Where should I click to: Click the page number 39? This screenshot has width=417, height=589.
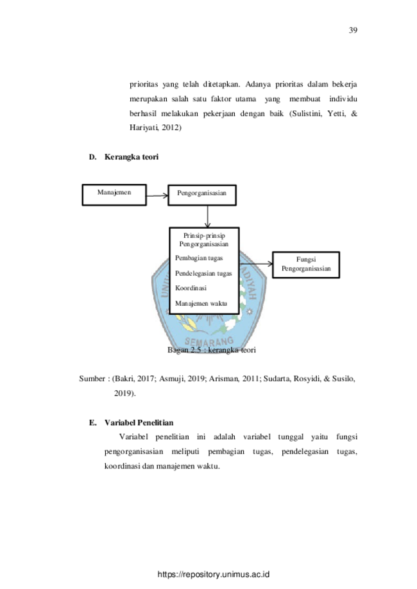pos(353,30)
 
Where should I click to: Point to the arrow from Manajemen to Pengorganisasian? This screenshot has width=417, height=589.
pos(157,195)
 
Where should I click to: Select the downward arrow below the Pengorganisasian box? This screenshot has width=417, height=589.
pos(207,217)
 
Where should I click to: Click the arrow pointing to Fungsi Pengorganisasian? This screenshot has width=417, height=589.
pos(256,264)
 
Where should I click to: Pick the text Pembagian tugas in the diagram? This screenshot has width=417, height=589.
pos(199,258)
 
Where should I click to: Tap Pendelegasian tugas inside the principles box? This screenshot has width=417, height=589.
pos(203,274)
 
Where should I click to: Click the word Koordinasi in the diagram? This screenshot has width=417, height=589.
pos(191,288)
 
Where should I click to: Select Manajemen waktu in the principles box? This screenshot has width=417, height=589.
pos(201,304)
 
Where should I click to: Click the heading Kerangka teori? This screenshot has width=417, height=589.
pos(132,157)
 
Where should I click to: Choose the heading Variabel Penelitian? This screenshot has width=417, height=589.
pos(139,422)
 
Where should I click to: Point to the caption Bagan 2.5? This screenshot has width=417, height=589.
pos(184,350)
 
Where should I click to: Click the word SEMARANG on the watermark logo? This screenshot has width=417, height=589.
pos(209,342)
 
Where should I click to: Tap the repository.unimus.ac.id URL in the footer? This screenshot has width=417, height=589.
pos(214,574)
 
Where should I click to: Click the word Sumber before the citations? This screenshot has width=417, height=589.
pos(92,379)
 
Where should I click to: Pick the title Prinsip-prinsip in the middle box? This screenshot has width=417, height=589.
pos(204,236)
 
